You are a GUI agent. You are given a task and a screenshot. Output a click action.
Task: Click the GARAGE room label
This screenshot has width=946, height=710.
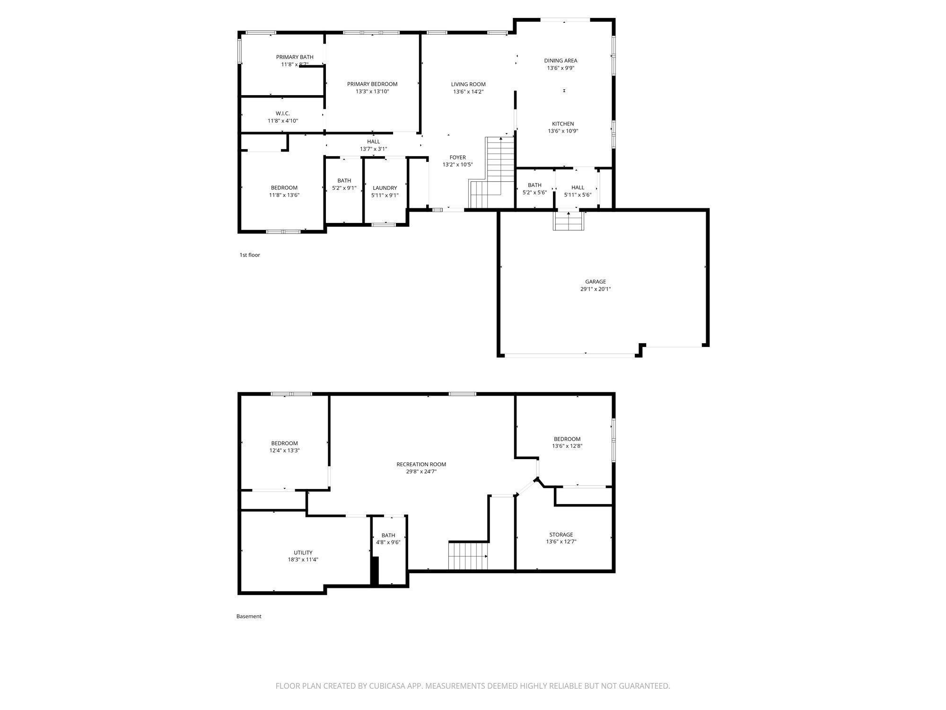595,282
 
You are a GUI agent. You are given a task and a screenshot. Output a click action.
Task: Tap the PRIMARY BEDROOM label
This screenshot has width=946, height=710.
372,84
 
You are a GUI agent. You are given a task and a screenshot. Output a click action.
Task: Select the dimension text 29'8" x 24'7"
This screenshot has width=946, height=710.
421,471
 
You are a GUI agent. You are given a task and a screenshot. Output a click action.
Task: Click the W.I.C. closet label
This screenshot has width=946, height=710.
283,114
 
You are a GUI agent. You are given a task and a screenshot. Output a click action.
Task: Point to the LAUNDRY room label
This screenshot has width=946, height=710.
385,188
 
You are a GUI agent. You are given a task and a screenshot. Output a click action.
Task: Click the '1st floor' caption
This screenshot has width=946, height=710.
250,255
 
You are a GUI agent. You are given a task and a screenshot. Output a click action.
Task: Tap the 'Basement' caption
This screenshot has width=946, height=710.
249,616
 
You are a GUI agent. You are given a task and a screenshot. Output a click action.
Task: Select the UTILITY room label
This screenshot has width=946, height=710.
303,552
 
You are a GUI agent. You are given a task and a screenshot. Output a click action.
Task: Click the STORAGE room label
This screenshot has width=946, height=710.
561,535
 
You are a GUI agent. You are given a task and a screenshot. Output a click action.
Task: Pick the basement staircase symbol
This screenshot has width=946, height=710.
468,556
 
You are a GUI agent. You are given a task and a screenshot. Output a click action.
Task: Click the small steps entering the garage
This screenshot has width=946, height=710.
569,221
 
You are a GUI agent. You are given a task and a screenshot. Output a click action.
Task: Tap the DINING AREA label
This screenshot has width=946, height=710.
561,61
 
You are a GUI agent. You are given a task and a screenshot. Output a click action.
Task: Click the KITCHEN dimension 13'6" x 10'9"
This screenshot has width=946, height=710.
563,131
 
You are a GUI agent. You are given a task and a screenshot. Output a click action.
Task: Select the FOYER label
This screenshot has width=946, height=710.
457,158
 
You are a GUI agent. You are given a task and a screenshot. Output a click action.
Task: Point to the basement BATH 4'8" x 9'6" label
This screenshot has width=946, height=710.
388,535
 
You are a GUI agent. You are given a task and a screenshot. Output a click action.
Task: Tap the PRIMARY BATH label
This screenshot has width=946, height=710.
295,57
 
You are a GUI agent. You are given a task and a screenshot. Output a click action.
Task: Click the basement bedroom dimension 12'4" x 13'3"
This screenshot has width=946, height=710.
284,451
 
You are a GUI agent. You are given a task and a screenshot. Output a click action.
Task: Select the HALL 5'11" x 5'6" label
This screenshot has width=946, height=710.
578,187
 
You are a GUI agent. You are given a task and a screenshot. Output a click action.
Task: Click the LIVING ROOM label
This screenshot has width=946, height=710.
468,84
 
